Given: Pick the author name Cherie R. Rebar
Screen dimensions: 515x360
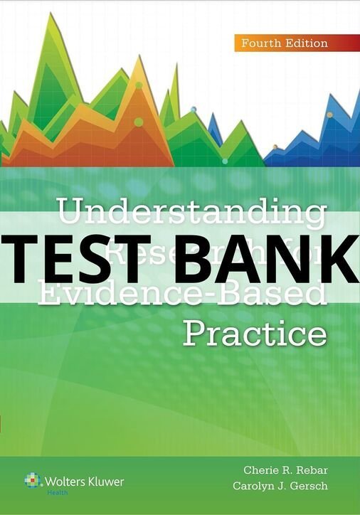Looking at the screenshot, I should pyautogui.click(x=288, y=471).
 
